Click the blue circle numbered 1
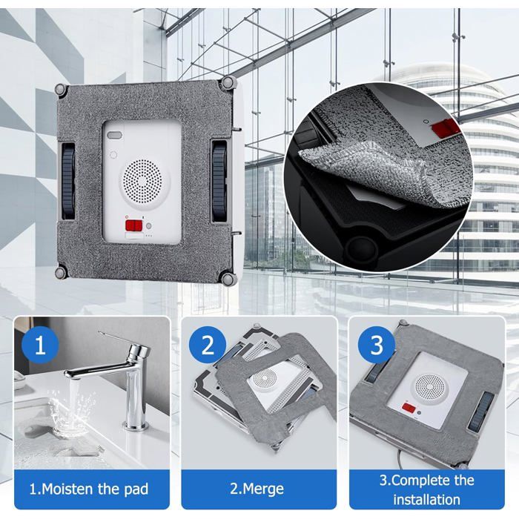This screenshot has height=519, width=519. [40, 346]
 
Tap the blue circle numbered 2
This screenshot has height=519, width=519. [208, 346]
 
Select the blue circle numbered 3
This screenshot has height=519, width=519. [377, 346]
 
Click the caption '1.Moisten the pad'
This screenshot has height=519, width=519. [89, 489]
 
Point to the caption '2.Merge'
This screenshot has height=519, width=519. [257, 489]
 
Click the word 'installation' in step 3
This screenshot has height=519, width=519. [426, 500]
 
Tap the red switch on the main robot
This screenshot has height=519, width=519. [133, 225]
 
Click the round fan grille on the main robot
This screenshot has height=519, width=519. [142, 181]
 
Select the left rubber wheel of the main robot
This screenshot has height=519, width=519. [68, 182]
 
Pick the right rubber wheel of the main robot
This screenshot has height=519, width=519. [219, 182]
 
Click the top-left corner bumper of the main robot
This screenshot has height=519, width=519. [62, 90]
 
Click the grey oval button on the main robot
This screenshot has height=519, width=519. [114, 136]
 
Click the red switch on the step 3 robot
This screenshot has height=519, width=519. [409, 408]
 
